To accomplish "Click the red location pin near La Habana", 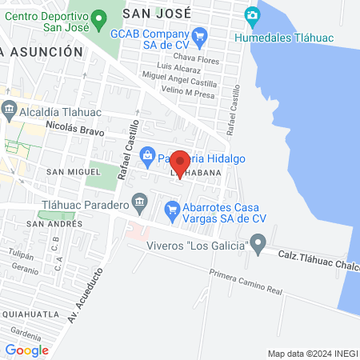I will point(180,162).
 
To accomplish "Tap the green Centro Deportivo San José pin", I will point(99,18).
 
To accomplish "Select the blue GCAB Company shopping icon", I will point(200,35).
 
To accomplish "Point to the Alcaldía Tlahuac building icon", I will point(9,109).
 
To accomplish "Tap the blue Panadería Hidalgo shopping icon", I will point(146,154).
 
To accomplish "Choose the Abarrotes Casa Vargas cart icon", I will point(170,210).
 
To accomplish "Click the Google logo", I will point(27,350).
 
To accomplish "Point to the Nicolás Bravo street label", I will point(76,126).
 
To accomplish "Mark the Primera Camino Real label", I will point(246,286).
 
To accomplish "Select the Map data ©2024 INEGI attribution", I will point(310,353).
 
